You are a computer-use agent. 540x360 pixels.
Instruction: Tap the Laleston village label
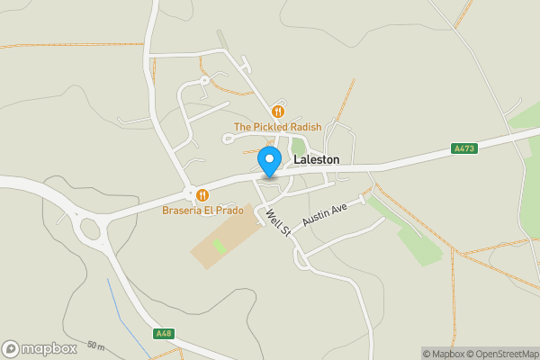(x=317, y=159)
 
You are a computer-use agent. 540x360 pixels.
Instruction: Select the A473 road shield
(x=464, y=148)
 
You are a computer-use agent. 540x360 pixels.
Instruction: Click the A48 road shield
(x=163, y=334)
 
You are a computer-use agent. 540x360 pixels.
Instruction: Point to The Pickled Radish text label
(x=277, y=127)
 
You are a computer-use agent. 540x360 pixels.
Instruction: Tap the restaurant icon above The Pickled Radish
(x=277, y=112)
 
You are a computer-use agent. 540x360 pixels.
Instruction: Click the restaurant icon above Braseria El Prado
(x=202, y=194)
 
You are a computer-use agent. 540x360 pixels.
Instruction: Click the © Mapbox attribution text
(x=443, y=353)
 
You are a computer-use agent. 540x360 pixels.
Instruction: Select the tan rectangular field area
(x=225, y=238)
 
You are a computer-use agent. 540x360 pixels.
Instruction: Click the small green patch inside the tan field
(x=219, y=245)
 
